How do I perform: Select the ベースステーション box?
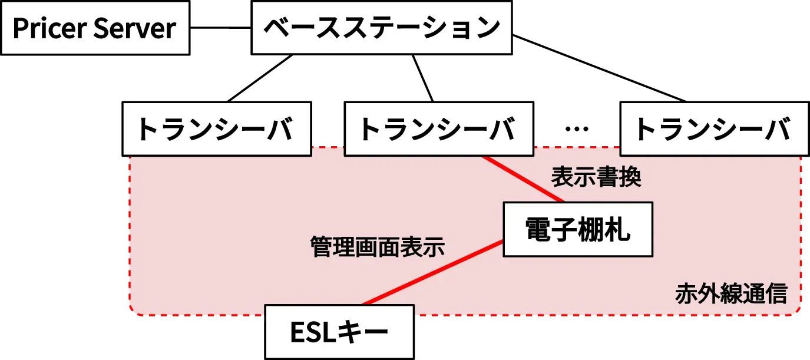point(381,28)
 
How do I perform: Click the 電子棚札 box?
point(577,229)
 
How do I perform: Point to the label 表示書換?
point(596,177)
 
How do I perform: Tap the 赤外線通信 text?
point(731,293)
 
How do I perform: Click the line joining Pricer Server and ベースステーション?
point(221,28)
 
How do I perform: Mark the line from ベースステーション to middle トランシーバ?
point(422,77)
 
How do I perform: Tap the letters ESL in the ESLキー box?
point(313,332)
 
